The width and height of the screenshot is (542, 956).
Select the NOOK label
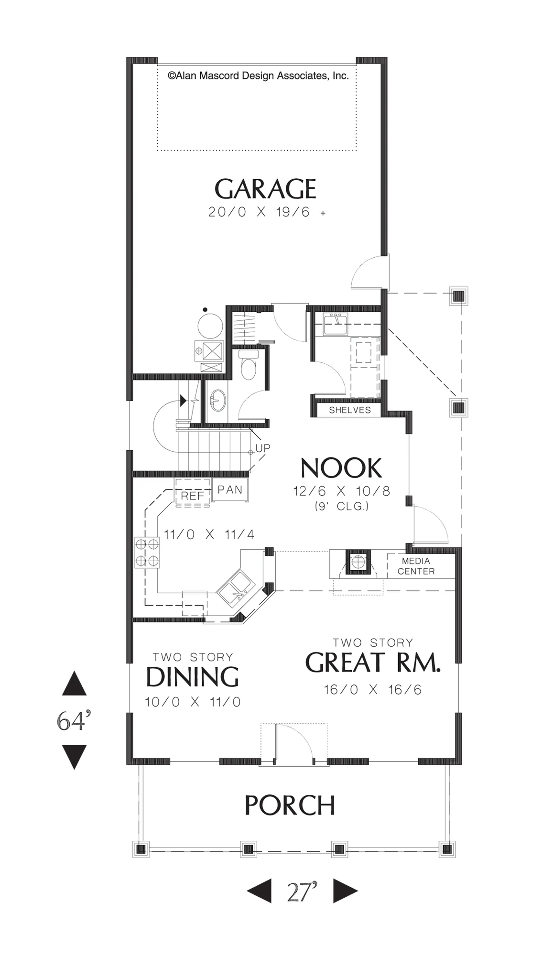click(341, 468)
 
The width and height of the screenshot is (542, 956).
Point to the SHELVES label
click(350, 410)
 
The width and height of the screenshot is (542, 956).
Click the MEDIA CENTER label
click(416, 566)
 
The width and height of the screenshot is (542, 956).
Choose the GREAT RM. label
click(373, 663)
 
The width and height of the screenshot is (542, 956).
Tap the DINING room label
click(192, 677)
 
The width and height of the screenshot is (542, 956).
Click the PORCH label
click(290, 805)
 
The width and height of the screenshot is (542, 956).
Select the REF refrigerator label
click(193, 496)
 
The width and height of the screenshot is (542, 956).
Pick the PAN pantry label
click(230, 489)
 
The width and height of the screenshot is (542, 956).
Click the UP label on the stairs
click(263, 448)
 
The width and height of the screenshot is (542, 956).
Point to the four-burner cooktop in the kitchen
click(147, 552)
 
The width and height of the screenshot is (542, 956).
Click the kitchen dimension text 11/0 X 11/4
click(209, 534)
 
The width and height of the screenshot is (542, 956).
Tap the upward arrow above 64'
click(74, 684)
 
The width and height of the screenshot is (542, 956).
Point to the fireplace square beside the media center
click(357, 563)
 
